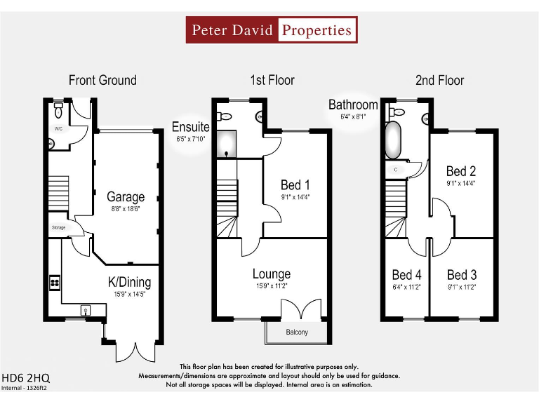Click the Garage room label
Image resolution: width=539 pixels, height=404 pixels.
pyautogui.click(x=126, y=197)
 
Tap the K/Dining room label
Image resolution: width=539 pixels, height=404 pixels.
pyautogui.click(x=129, y=283)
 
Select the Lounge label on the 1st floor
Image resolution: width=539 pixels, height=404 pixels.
pyautogui.click(x=271, y=274)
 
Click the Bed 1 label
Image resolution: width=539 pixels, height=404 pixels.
pyautogui.click(x=295, y=185)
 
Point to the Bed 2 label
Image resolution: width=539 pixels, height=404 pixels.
pyautogui.click(x=461, y=171)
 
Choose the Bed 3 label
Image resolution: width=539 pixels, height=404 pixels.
pyautogui.click(x=461, y=275)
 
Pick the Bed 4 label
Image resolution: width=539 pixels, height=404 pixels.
pyautogui.click(x=407, y=275)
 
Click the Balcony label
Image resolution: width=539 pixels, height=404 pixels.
pyautogui.click(x=296, y=332)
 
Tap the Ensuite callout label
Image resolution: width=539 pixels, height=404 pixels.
pyautogui.click(x=191, y=127)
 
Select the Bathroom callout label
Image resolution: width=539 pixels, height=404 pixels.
pyautogui.click(x=353, y=105)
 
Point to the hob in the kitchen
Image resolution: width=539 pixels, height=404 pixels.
pyautogui.click(x=55, y=283)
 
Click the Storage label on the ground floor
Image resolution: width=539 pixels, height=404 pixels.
pyautogui.click(x=58, y=228)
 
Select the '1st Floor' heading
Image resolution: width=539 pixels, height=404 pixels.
pyautogui.click(x=272, y=81)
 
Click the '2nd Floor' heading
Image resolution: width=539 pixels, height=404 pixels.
pyautogui.click(x=439, y=81)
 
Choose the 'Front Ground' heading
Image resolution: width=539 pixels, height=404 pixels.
pyautogui.click(x=102, y=81)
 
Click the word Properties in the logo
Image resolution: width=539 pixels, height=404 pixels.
pyautogui.click(x=317, y=30)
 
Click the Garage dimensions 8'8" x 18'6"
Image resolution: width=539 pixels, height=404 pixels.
pyautogui.click(x=126, y=209)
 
